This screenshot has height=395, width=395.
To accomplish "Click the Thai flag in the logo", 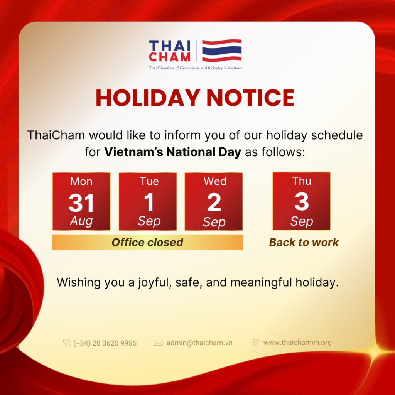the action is click(222, 51).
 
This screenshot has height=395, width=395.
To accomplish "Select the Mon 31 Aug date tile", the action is click(81, 201).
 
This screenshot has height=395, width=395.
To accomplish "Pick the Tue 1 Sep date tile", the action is click(148, 201).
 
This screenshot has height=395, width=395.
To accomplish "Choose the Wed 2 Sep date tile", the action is click(214, 201).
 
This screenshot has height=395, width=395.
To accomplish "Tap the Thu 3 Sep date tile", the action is click(302, 201).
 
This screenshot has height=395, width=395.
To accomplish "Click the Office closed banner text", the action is click(147, 242).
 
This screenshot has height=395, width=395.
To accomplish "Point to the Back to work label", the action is click(304, 242).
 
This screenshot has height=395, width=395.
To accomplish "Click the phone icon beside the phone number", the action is click(67, 343).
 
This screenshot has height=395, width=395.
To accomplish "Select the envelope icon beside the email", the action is click(159, 343).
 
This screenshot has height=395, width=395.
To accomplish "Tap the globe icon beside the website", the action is click(256, 343).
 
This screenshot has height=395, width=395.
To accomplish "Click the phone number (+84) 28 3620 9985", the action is click(105, 343).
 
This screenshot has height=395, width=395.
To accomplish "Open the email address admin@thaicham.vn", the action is click(199, 343).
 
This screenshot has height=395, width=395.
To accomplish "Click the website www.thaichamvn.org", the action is click(297, 343).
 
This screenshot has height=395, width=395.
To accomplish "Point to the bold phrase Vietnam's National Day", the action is click(173, 152).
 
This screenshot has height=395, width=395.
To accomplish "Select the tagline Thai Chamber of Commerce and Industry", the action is click(196, 68).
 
